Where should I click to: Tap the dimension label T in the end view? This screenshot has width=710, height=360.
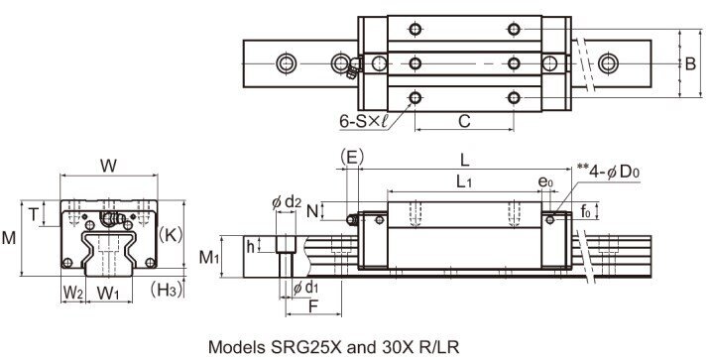(x=35, y=213)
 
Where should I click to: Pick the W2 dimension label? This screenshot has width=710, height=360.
(x=71, y=293)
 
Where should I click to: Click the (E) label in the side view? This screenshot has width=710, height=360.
(x=350, y=157)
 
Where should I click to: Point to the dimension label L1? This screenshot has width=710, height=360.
(x=462, y=182)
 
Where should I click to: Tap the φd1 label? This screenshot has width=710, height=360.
(x=308, y=288)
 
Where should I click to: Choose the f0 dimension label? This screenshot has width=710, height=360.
(x=586, y=210)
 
